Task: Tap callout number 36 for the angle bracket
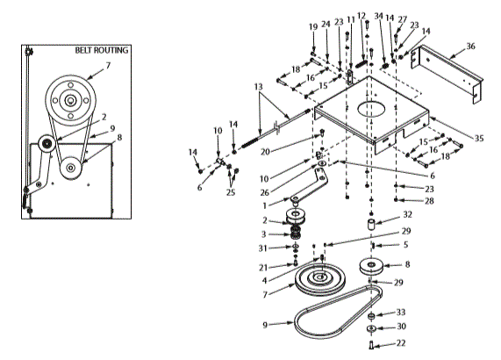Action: click(x=470, y=46)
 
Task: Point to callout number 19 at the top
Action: click(x=311, y=27)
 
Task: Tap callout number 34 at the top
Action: click(x=378, y=16)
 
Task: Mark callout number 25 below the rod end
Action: click(x=231, y=191)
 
